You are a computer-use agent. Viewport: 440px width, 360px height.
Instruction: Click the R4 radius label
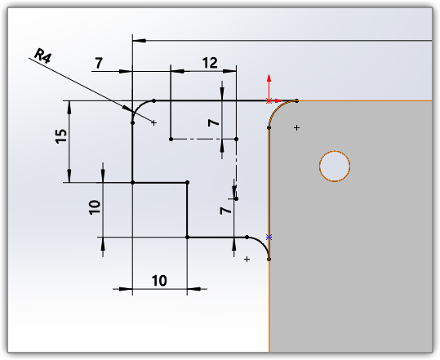tap(42, 56)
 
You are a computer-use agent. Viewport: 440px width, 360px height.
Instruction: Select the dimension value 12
tap(210, 63)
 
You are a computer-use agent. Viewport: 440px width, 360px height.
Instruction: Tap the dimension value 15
tap(61, 136)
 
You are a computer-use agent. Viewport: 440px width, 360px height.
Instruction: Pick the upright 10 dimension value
tap(159, 281)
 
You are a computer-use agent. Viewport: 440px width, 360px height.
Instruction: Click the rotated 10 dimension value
tap(95, 207)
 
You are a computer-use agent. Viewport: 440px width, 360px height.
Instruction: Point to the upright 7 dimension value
tap(99, 63)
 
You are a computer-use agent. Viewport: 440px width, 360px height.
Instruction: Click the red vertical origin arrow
tap(269, 87)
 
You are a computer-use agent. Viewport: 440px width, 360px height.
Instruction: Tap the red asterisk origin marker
tap(269, 100)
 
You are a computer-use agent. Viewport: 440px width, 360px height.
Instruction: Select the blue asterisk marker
tap(269, 238)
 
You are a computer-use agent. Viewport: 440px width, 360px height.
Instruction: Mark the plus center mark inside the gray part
tap(296, 128)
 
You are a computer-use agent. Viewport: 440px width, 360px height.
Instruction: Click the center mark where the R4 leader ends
tap(153, 122)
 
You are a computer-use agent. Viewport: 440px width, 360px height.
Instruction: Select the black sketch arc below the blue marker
tap(262, 244)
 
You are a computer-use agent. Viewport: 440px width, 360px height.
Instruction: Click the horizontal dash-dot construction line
tap(203, 139)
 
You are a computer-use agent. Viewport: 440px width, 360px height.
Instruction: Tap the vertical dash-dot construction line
tap(236, 169)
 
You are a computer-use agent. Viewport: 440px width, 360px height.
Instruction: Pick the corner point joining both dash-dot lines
tap(236, 139)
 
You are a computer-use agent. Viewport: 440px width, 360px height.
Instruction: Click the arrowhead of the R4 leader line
tap(127, 109)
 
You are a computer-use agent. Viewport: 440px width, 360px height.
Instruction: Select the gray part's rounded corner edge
tap(277, 109)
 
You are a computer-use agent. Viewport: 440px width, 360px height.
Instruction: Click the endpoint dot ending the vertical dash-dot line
tap(236, 198)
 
